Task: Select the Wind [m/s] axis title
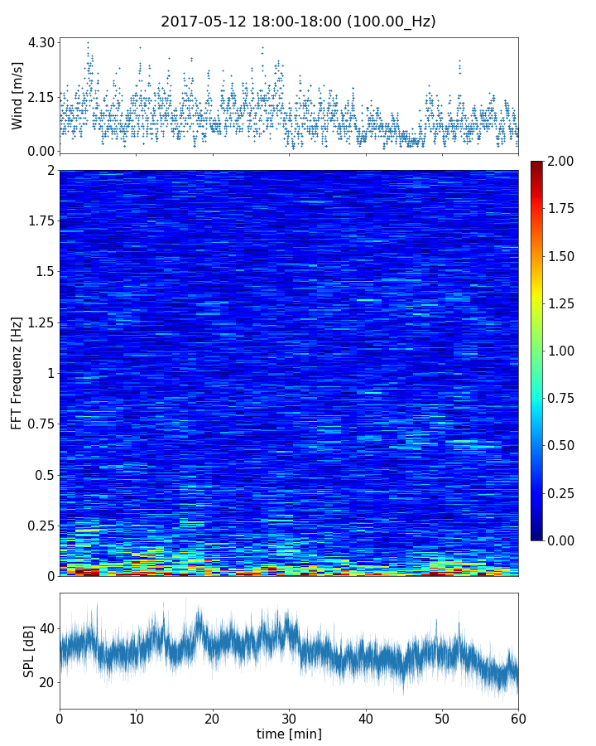(17, 95)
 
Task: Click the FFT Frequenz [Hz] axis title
(17, 373)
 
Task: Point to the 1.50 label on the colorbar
(562, 256)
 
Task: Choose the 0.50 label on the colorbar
(562, 445)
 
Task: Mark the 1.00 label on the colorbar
(562, 351)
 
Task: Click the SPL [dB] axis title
(29, 651)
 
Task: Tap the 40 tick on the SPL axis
(46, 628)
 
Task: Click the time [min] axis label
(289, 734)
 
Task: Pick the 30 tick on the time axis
(289, 717)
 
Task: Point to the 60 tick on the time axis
(518, 717)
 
